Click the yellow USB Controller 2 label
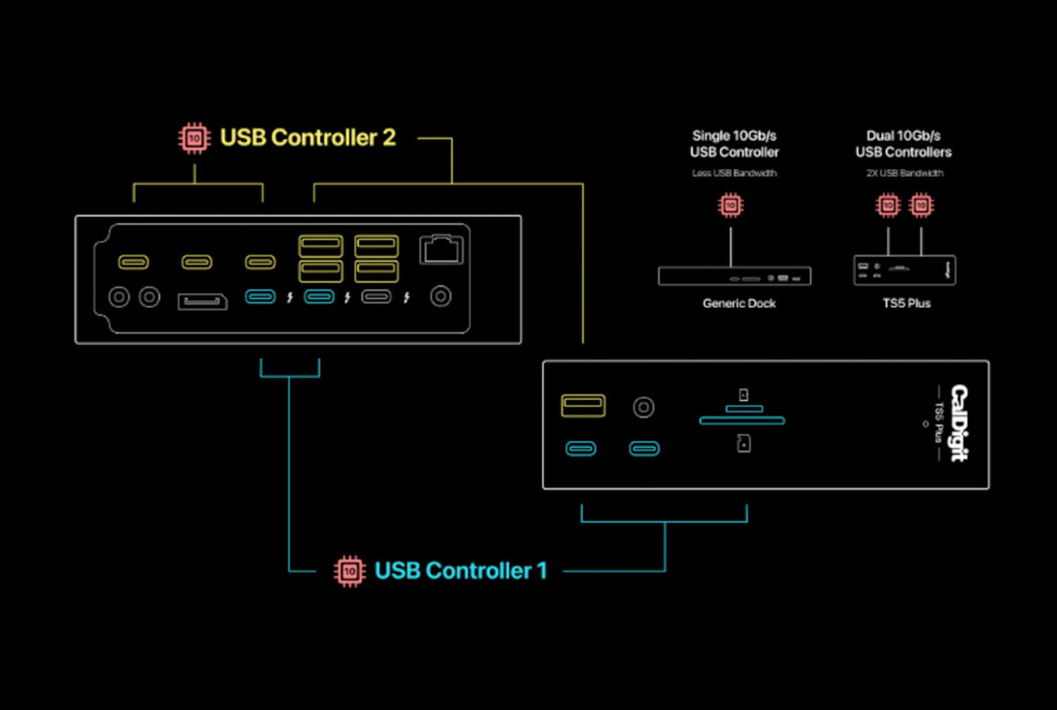pos(308,138)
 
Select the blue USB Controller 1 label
pos(461,571)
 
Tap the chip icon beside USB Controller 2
pos(193,138)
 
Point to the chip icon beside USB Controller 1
pos(350,571)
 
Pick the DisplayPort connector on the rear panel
pos(202,300)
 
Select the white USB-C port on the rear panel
pos(376,296)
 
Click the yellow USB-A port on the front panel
pos(584,406)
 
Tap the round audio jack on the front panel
pos(643,406)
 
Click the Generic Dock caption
pos(739,304)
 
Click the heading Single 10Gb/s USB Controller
pos(734,144)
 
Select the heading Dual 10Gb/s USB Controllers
pos(903,144)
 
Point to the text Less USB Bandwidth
pos(734,173)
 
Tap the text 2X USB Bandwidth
pos(903,173)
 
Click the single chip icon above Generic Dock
pos(731,206)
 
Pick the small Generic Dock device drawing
pos(734,276)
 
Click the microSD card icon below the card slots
pos(744,444)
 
